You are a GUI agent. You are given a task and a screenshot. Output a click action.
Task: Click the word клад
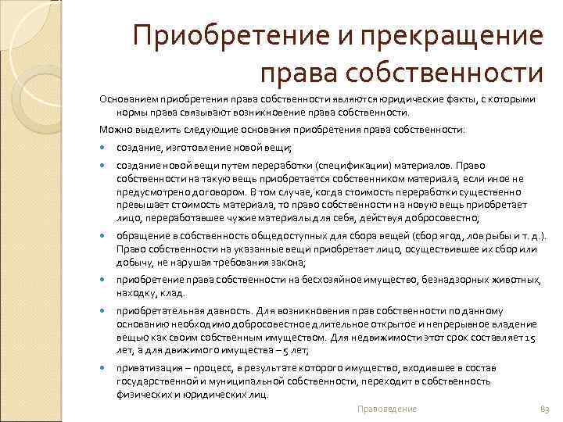point(174,294)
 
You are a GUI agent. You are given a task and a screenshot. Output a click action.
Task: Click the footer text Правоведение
point(387,409)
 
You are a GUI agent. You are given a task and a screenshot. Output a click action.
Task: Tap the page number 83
point(545,409)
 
